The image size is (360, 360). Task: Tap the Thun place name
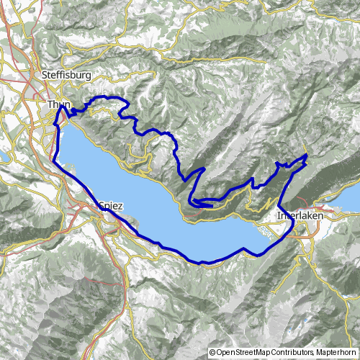coord(58,105)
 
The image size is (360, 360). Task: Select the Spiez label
coord(109,206)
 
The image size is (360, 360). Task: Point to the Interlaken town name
coord(299,215)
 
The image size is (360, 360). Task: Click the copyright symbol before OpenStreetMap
coord(212,353)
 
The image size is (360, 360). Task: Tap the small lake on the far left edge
coord(2,156)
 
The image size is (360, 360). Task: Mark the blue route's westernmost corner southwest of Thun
coord(53,160)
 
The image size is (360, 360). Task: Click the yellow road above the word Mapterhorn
coord(338,338)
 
